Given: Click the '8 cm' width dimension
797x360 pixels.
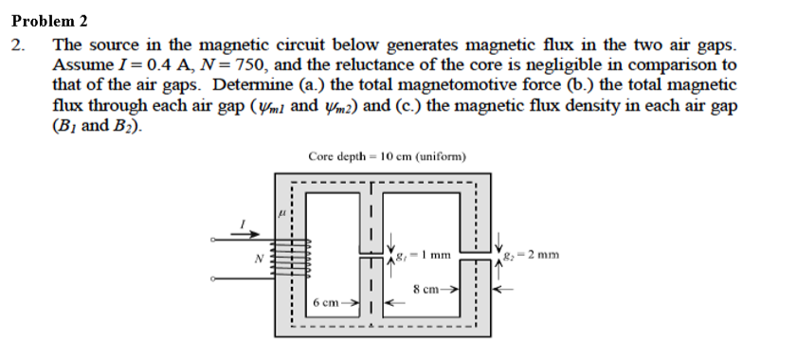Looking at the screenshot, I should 429,289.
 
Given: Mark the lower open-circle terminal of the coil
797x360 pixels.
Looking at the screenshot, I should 214,279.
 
